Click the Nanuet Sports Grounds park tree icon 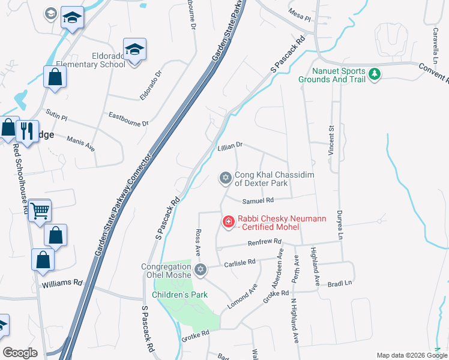(x=375, y=74)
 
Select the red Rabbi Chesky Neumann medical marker (x=228, y=223)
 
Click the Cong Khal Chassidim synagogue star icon (x=225, y=177)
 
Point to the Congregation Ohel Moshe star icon (x=200, y=270)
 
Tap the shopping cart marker (x=40, y=210)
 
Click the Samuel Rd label (x=258, y=200)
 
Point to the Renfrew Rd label (x=265, y=242)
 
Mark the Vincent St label (x=331, y=141)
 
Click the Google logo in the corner (x=20, y=353)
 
